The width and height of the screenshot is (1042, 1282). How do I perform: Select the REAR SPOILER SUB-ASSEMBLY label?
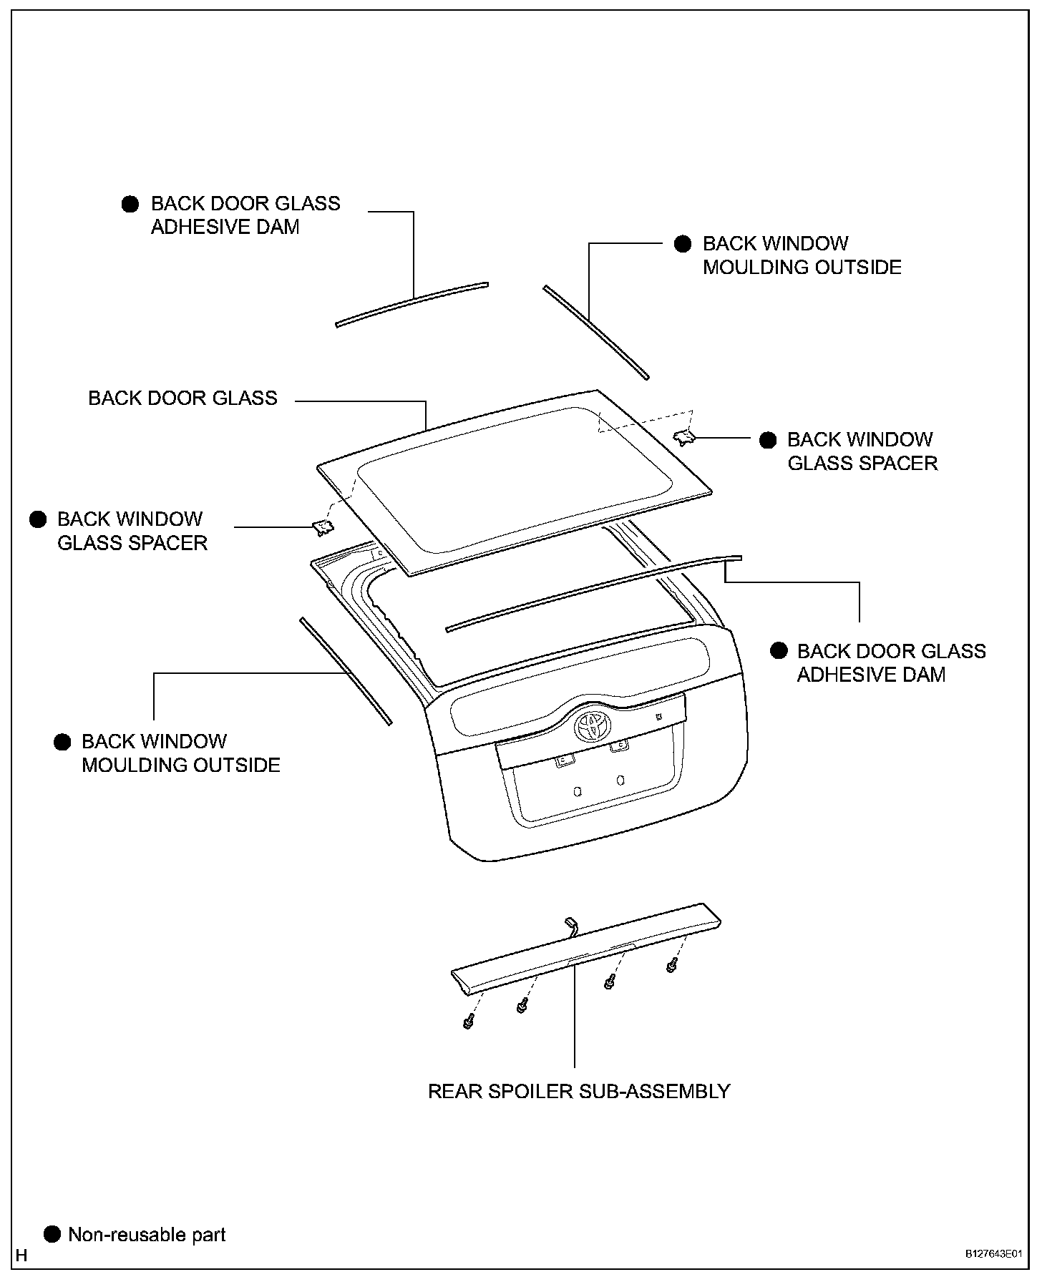(578, 1092)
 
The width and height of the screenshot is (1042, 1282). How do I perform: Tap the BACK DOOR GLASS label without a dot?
(182, 398)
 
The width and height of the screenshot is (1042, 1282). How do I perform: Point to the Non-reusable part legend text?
(147, 1235)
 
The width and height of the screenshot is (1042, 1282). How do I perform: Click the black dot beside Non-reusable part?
(52, 1234)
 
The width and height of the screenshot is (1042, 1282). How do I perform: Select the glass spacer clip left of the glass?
(322, 528)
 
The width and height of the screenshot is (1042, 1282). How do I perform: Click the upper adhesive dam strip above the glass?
(412, 304)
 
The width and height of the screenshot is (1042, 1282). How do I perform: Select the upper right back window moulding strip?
(595, 332)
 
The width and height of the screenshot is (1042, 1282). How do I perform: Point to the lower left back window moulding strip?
(346, 671)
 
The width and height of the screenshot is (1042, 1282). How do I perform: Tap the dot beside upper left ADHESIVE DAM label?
(130, 205)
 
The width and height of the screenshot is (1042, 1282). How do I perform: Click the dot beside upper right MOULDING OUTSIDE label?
(683, 244)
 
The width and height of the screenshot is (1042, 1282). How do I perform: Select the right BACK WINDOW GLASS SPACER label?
(862, 451)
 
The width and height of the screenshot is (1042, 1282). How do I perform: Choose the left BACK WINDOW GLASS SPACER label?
(132, 531)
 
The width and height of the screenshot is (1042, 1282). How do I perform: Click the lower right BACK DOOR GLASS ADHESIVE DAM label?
(891, 663)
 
